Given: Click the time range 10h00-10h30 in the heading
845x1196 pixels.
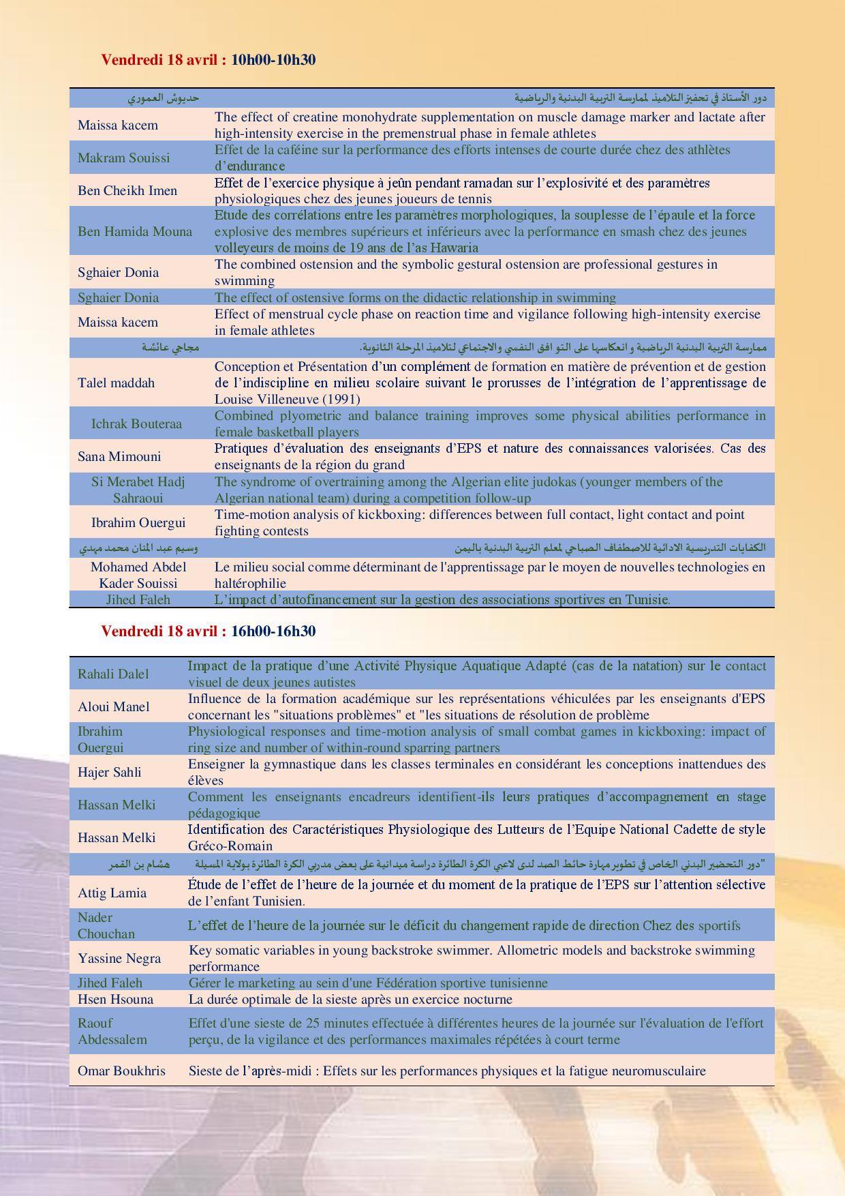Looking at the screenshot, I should tap(273, 60).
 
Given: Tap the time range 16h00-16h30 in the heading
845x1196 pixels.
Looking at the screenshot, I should tap(273, 631).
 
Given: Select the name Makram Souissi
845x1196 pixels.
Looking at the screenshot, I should tap(123, 158).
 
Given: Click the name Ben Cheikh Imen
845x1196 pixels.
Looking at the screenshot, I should tap(127, 191).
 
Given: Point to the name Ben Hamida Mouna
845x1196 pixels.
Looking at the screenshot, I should tap(135, 232).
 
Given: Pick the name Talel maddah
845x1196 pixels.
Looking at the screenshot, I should tap(116, 383).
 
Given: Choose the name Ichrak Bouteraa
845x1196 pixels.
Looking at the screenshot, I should tap(137, 424).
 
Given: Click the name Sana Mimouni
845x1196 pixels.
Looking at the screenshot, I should tap(119, 457).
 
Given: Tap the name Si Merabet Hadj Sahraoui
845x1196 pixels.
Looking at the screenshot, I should tap(138, 490).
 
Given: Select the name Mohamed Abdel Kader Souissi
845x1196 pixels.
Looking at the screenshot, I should tap(138, 575).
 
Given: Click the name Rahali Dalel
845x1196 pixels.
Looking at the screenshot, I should tap(113, 674).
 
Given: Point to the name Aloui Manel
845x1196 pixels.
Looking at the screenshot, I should tap(113, 707).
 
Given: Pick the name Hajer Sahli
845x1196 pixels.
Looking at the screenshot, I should tap(110, 773).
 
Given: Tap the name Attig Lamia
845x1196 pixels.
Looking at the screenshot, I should tap(112, 893).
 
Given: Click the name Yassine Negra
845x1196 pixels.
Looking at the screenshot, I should tap(119, 959).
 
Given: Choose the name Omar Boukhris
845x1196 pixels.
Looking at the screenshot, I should tap(121, 1071).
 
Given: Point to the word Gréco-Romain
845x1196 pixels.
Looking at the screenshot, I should tap(230, 846).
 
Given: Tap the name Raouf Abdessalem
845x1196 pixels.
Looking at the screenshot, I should tap(112, 1032).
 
